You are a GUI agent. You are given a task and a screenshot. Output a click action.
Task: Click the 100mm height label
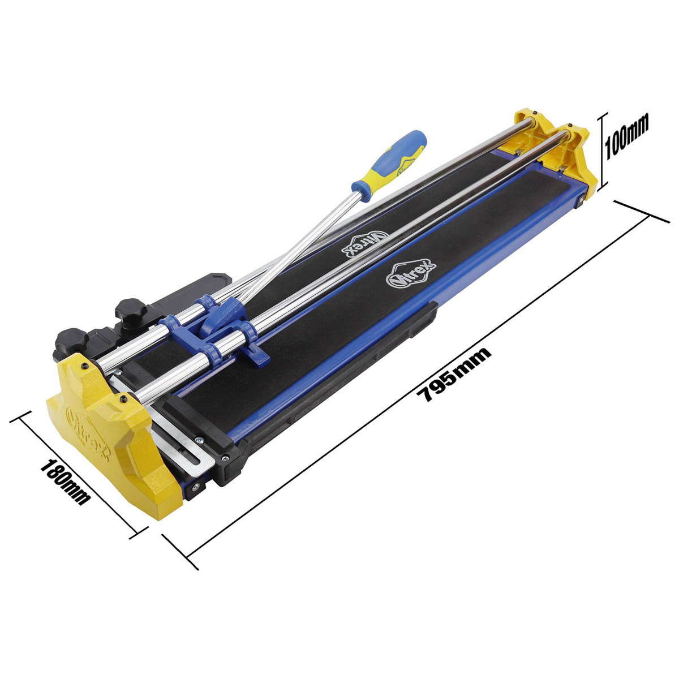(626, 135)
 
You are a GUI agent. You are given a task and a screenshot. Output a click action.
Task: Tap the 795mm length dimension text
(453, 374)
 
